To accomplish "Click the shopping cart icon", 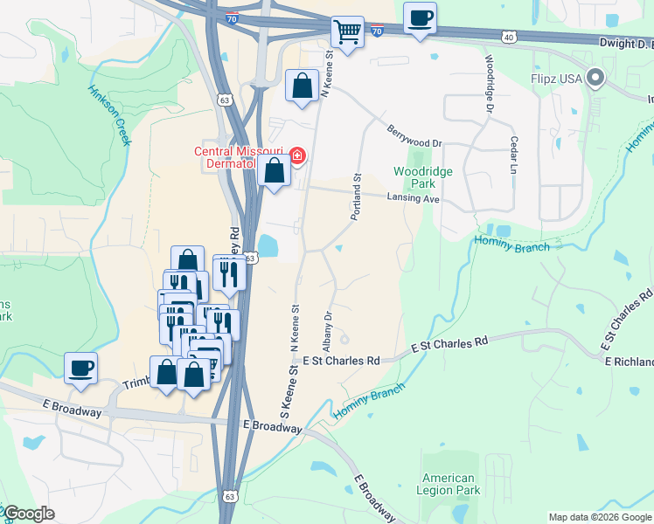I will (x=348, y=33).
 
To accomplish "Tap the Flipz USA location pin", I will (x=596, y=79).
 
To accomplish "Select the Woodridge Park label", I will (x=423, y=178).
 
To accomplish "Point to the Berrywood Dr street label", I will (x=415, y=136).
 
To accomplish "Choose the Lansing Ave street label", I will (x=413, y=199).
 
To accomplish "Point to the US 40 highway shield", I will (x=509, y=37).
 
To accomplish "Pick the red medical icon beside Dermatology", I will (x=297, y=156).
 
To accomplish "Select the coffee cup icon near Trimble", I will (x=80, y=367).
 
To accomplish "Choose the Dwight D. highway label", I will (x=625, y=43).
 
